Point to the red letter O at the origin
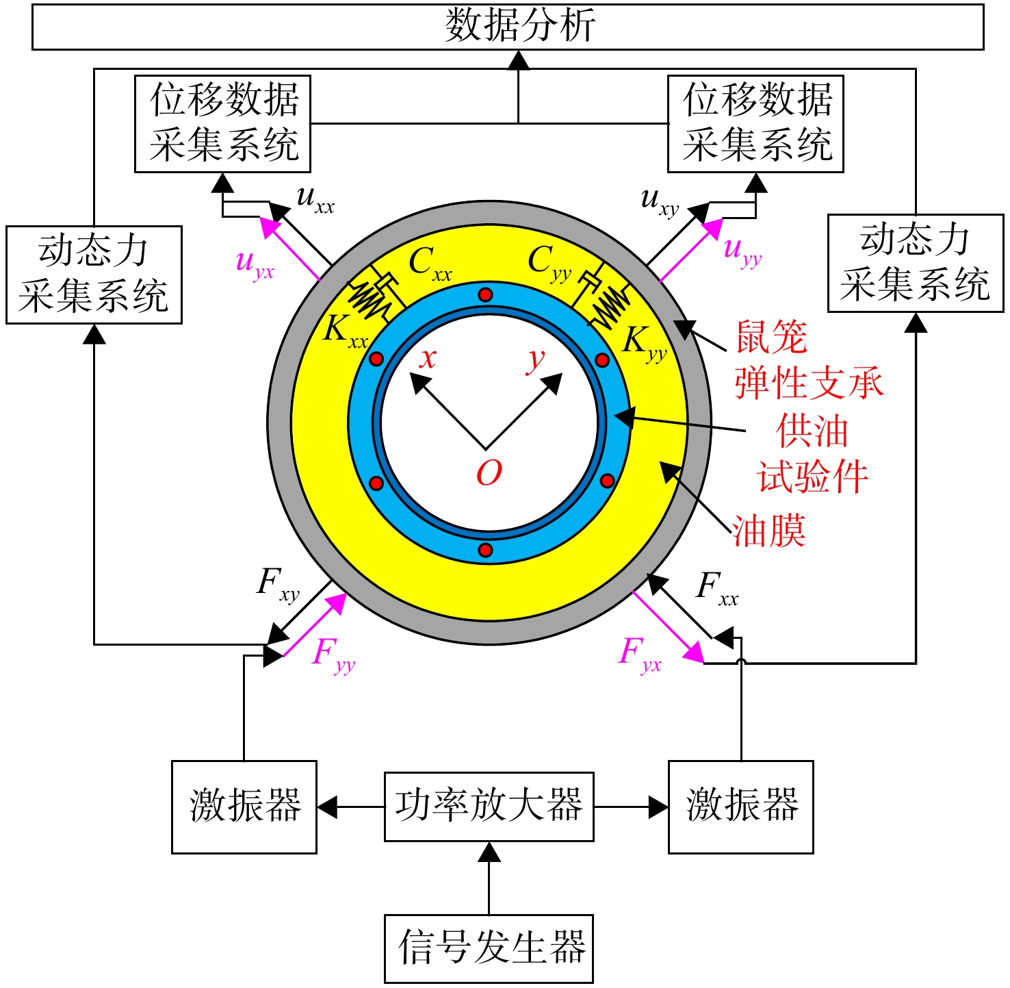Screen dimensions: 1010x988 pos(489,472)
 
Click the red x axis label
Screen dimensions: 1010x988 pos(428,358)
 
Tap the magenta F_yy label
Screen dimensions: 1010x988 pos(334,655)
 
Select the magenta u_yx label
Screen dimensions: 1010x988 pos(255,264)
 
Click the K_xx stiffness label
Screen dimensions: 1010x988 pos(345,331)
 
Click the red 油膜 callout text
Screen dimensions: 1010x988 pos(768,531)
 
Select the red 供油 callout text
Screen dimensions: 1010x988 pos(812,431)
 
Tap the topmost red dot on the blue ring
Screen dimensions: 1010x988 pos(485,295)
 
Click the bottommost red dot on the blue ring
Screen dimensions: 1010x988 pos(485,550)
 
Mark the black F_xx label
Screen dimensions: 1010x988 pos(717,589)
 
